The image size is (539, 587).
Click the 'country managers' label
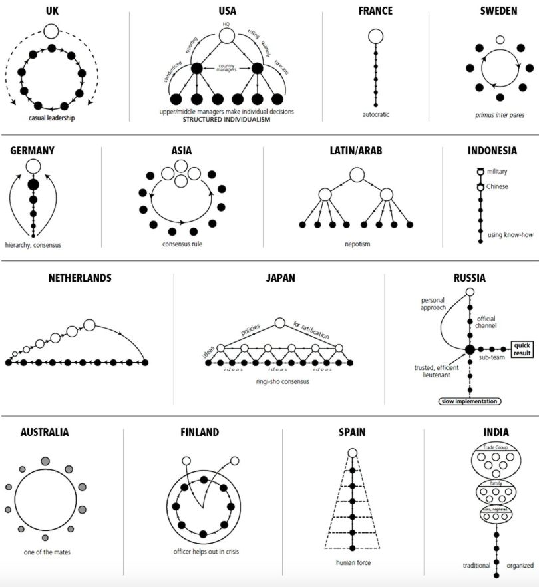[x=227, y=69]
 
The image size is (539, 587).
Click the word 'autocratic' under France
[x=376, y=114]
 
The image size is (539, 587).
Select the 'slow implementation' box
[x=468, y=401]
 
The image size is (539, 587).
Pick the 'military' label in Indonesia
[x=496, y=172]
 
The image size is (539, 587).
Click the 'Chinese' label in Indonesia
[x=497, y=187]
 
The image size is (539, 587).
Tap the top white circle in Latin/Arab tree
[x=357, y=174]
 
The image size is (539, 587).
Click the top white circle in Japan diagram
[x=280, y=323]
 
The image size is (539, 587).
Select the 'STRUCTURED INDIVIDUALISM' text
[x=227, y=120]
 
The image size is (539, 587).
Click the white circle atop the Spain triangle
[x=353, y=453]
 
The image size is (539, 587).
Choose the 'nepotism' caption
[x=357, y=244]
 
